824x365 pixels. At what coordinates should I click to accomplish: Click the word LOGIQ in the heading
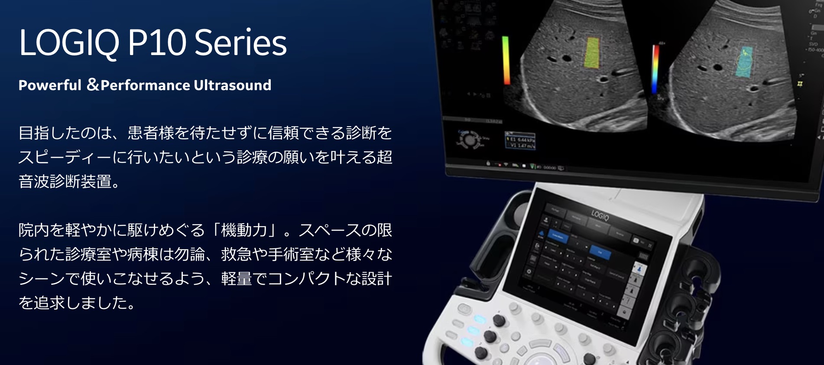68,43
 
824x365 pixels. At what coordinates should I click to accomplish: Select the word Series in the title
240,43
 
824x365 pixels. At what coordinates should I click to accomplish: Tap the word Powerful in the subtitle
50,85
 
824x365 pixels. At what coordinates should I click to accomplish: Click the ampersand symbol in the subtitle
93,85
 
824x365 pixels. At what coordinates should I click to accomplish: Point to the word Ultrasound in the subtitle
232,85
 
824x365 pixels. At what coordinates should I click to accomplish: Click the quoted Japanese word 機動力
244,230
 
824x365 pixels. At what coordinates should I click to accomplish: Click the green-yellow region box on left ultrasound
592,53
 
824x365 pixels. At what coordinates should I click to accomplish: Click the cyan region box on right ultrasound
744,62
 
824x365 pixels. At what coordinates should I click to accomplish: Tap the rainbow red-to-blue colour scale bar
655,68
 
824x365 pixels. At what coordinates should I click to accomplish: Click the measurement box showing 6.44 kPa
520,142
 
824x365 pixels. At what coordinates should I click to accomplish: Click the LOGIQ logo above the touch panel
600,215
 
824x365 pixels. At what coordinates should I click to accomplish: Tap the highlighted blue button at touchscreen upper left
558,237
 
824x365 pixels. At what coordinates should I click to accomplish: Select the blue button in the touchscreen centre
600,252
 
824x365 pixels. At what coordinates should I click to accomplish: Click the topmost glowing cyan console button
479,319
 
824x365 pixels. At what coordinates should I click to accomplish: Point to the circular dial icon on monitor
470,140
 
